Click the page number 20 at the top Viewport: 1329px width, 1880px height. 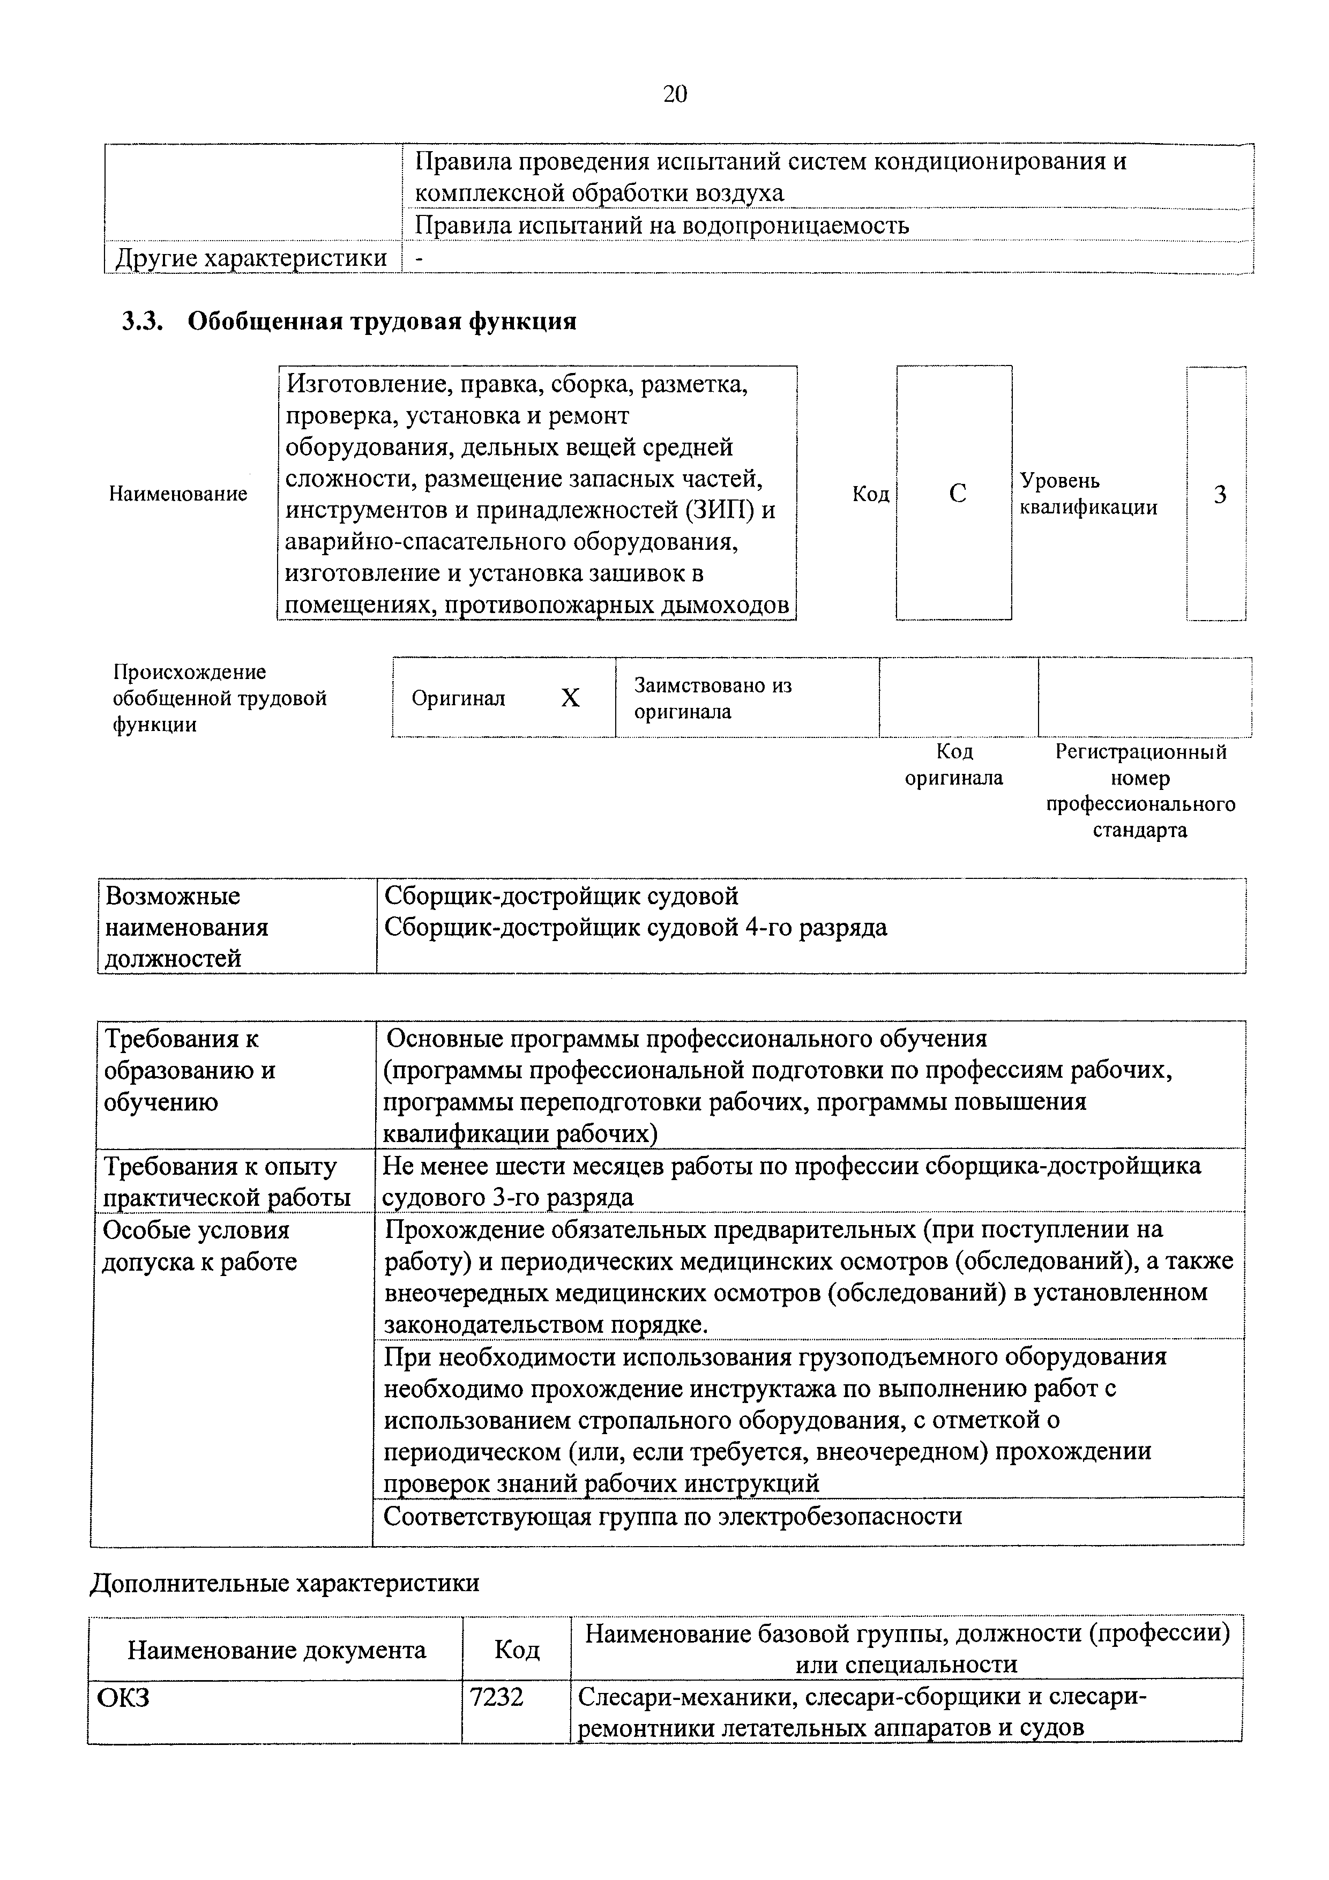[x=674, y=94]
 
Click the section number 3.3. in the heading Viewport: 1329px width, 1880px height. [x=143, y=321]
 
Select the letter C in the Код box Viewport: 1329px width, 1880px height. [x=957, y=494]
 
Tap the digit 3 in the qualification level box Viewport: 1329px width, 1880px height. [x=1219, y=495]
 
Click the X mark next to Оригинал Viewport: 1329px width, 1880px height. [x=570, y=698]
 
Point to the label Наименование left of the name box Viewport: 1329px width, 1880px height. [x=178, y=494]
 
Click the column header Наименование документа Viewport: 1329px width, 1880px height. [x=276, y=1650]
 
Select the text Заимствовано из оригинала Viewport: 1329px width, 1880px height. [x=712, y=698]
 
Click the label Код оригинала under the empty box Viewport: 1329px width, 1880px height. [x=954, y=765]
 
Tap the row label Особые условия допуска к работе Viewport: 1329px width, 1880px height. [x=198, y=1245]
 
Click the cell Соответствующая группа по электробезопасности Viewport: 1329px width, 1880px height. [x=673, y=1517]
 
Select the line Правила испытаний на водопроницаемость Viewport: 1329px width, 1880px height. [x=662, y=225]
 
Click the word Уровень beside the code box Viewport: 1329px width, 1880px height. [x=1059, y=481]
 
